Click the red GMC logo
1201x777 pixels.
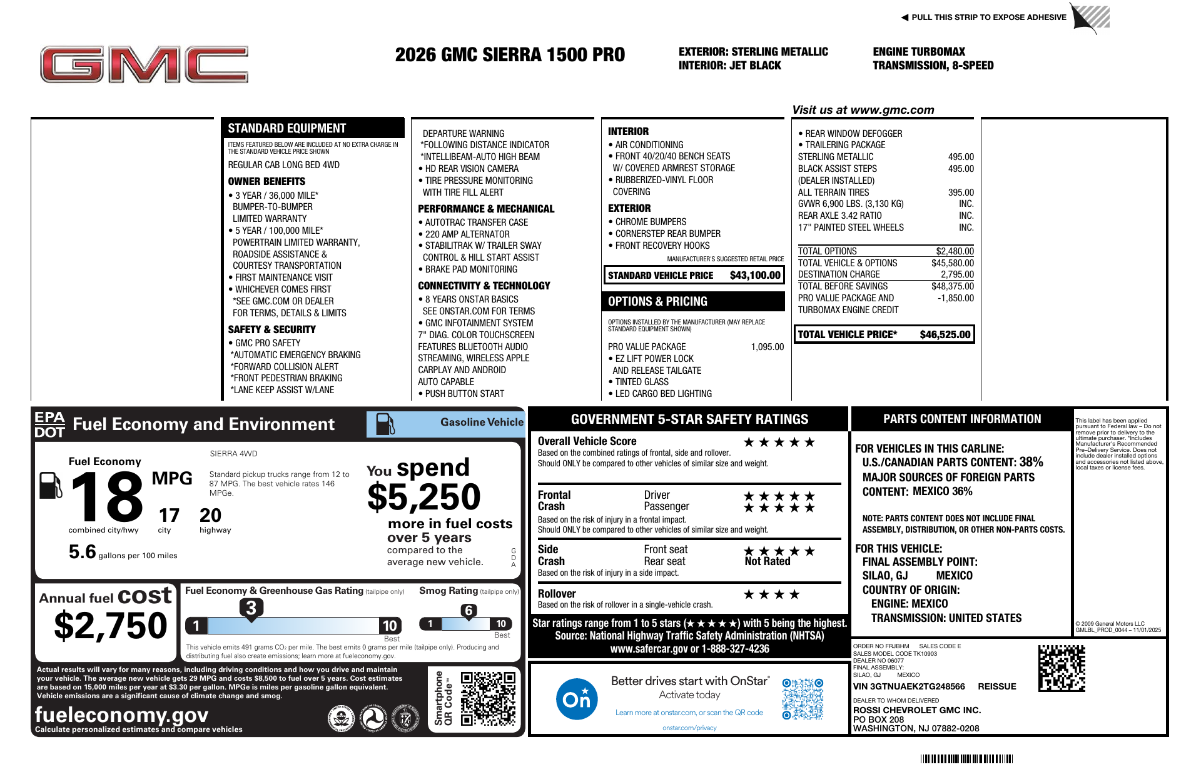(144, 64)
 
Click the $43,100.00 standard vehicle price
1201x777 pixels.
(755, 275)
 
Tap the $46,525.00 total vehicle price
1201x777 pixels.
(945, 334)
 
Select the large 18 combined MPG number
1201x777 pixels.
(107, 497)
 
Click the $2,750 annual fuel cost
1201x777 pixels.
(111, 626)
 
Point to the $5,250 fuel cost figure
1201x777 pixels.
(423, 498)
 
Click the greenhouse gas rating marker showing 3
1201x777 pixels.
(251, 608)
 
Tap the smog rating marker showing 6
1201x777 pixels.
(469, 611)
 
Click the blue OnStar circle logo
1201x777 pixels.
(576, 699)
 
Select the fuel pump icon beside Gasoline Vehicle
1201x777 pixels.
(385, 424)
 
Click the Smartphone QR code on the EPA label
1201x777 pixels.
(488, 698)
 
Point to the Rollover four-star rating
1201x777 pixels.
(771, 594)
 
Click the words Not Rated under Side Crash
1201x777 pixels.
(768, 561)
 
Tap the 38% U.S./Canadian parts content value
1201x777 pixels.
(1031, 462)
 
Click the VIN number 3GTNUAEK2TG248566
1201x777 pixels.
(909, 686)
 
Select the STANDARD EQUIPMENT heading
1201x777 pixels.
(286, 128)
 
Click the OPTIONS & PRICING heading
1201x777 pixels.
(657, 301)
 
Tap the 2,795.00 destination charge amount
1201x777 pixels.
(957, 274)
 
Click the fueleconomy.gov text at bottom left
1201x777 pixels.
(121, 714)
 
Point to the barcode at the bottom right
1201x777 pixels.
(966, 759)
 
